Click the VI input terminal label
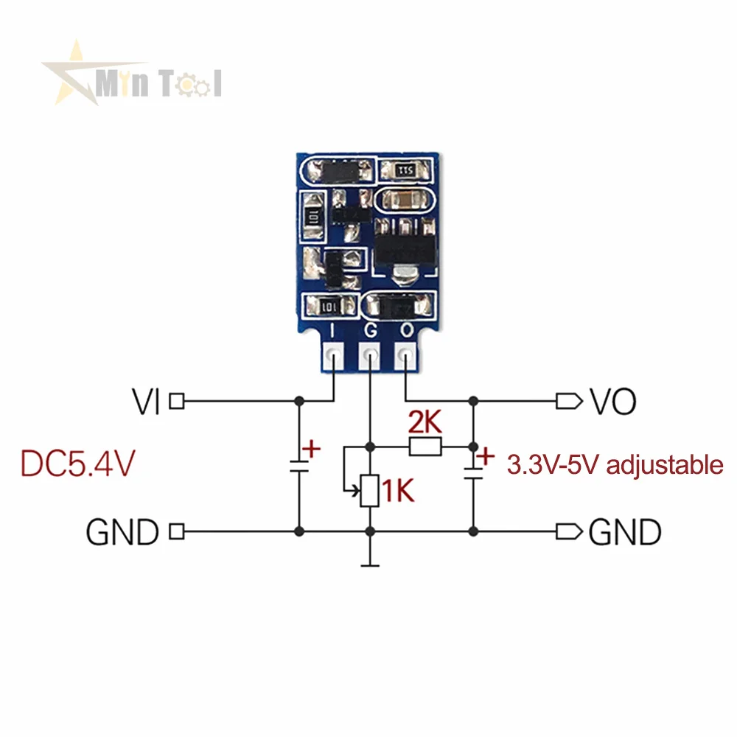(x=146, y=402)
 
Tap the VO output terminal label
(x=612, y=402)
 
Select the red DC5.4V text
(x=77, y=464)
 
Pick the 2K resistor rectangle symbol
(x=425, y=446)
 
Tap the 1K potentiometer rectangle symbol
(x=370, y=492)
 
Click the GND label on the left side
(x=122, y=531)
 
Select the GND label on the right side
(x=625, y=531)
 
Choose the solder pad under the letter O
(x=405, y=357)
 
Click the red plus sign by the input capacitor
(x=312, y=448)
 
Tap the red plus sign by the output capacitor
(x=484, y=457)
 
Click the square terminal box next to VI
(x=177, y=402)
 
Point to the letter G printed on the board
(x=370, y=332)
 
